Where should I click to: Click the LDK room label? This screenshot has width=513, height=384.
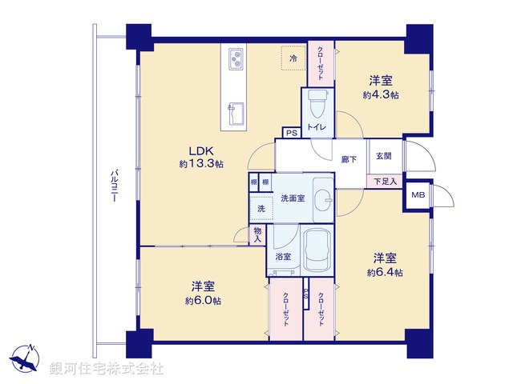[200, 150]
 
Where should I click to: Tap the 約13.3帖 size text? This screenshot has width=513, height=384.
[200, 163]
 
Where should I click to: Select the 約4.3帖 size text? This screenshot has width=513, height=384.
[381, 94]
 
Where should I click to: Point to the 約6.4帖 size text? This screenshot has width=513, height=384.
[384, 273]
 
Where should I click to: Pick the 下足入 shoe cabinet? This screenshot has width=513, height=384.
[384, 182]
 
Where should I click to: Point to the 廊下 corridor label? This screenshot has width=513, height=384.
[348, 160]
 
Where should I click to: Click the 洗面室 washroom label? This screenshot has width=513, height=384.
[292, 198]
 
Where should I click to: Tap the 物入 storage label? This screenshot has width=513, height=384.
[257, 234]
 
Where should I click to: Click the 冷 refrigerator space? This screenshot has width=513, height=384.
[293, 58]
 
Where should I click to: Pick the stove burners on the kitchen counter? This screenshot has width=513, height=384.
[236, 58]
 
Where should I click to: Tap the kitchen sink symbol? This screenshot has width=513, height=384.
[236, 112]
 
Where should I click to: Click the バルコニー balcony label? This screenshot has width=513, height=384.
[115, 187]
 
